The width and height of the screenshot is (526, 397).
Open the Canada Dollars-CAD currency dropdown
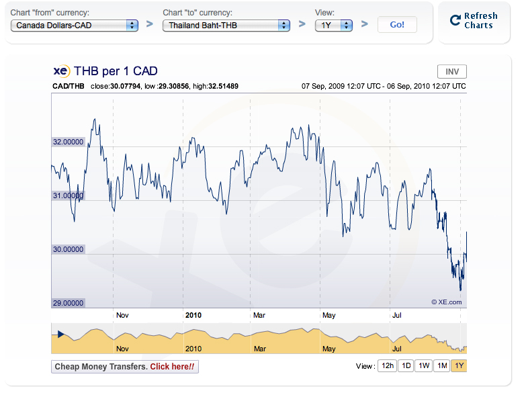pos(75,25)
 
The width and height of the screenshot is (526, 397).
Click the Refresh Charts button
pos(474,21)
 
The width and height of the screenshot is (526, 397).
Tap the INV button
pos(452,72)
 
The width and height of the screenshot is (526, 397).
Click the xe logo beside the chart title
pos(61,71)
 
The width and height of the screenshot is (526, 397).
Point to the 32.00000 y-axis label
pos(68,142)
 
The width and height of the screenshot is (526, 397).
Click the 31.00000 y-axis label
pos(68,195)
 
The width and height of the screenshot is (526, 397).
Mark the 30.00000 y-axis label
pos(68,249)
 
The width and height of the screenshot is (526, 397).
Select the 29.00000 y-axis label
pos(68,303)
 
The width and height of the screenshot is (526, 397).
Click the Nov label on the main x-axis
pos(122,314)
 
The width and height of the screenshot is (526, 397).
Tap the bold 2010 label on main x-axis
pos(193,314)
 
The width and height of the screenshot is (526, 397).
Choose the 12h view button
pos(386,366)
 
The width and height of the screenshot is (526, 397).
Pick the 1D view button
pos(406,366)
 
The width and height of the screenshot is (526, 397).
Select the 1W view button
pos(423,366)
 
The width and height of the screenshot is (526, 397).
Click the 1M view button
pos(441,366)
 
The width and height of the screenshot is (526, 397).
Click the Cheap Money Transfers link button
pos(125,367)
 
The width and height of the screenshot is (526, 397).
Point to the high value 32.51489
pos(224,87)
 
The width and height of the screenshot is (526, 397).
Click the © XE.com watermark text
pos(446,302)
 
